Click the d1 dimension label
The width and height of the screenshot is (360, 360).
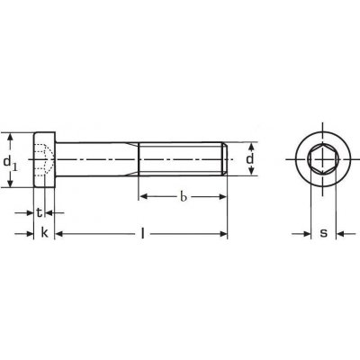click(x=11, y=164)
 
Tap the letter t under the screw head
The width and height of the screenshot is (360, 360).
click(x=39, y=212)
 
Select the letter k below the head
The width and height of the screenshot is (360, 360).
click(x=44, y=232)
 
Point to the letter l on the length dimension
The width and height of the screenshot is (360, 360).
click(x=143, y=233)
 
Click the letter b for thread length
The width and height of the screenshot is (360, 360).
click(x=184, y=197)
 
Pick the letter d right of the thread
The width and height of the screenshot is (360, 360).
click(x=250, y=158)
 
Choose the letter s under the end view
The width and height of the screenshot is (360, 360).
click(x=323, y=233)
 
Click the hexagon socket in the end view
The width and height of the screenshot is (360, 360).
click(x=323, y=159)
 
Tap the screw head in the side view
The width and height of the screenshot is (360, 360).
click(x=44, y=159)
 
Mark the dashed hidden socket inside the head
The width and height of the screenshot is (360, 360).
click(x=44, y=160)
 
